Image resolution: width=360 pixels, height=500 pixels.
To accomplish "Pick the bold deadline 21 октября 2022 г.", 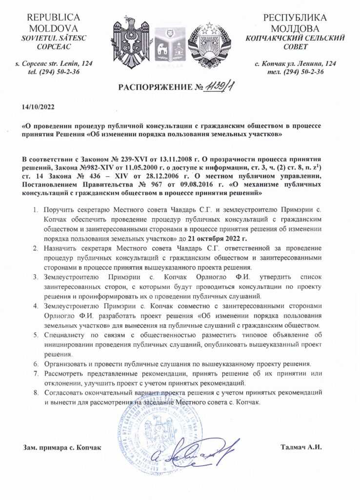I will (x=220, y=239).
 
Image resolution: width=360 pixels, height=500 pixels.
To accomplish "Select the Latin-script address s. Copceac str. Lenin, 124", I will (x=54, y=63).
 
